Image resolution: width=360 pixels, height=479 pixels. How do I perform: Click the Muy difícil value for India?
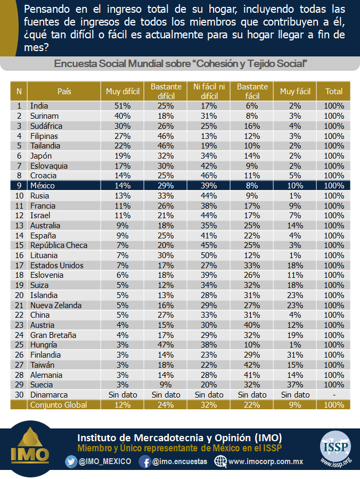click(x=122, y=106)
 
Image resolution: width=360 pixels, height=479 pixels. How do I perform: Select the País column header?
click(x=64, y=92)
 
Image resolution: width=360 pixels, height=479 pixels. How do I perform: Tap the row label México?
click(x=43, y=186)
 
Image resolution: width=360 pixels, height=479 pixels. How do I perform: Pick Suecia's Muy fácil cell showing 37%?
click(x=295, y=385)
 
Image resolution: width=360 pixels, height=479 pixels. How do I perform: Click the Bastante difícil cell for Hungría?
click(x=166, y=345)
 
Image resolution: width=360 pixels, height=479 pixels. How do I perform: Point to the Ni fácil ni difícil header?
click(x=209, y=92)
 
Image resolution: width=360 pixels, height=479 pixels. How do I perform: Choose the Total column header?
click(x=334, y=92)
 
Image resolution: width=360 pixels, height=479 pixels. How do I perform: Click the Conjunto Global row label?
click(x=59, y=405)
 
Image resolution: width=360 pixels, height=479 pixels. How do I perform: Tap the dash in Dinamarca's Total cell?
click(x=334, y=395)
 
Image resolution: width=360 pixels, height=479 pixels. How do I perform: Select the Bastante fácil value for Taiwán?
click(x=252, y=365)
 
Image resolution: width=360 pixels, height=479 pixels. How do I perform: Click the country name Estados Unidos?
click(x=57, y=266)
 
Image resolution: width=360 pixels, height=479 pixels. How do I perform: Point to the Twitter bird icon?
click(x=71, y=461)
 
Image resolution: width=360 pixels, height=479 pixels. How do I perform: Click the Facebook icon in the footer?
click(x=145, y=461)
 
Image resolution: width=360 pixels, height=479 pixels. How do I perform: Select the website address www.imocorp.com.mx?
click(x=266, y=461)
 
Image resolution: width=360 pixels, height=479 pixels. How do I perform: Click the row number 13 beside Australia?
click(x=19, y=226)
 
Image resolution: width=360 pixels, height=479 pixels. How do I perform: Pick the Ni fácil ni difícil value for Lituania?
click(x=209, y=255)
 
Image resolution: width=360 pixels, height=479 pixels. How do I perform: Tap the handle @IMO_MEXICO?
click(x=105, y=461)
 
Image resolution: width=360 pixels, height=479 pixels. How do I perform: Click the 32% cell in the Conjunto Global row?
click(x=209, y=405)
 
